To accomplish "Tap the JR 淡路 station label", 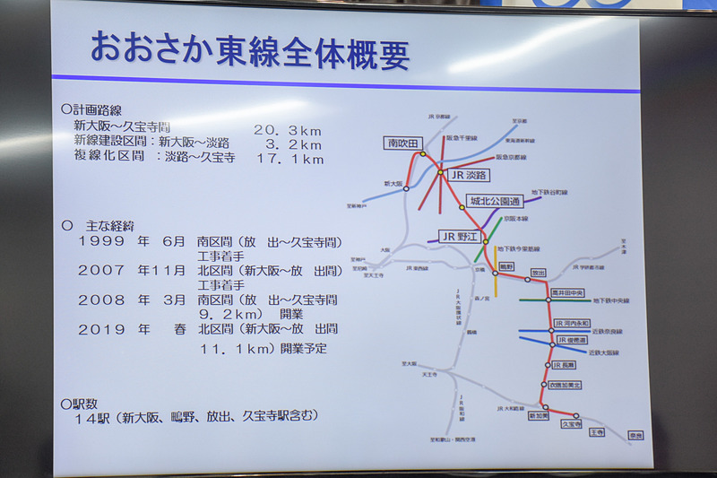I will point(467,176).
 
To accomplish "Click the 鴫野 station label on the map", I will point(506,265).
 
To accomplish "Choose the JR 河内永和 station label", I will point(572,323).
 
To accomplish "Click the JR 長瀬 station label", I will point(564,365).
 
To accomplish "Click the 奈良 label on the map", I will point(636,435).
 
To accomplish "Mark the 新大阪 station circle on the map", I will point(406,188).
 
